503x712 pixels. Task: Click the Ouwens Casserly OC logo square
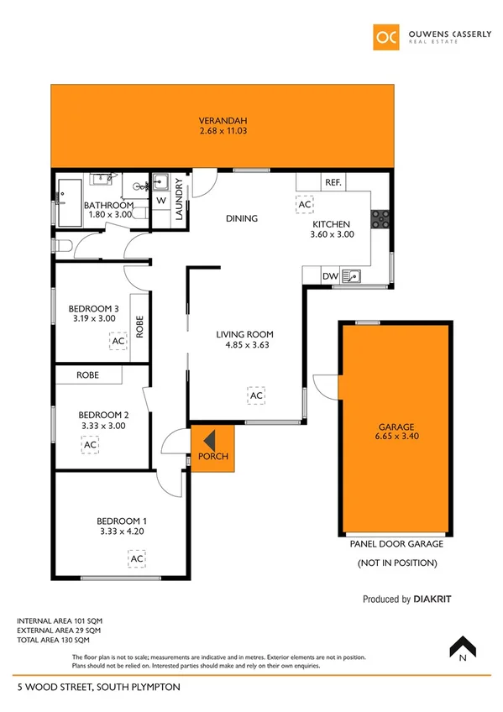click(x=388, y=37)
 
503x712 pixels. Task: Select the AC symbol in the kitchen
click(x=305, y=204)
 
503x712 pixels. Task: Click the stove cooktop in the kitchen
click(x=380, y=218)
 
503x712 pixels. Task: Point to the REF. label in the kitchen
click(x=332, y=182)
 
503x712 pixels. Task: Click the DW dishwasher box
click(x=330, y=275)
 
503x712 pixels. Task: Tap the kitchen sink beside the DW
click(x=357, y=274)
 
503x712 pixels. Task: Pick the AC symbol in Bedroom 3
click(x=118, y=341)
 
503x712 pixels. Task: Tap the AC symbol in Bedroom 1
click(x=136, y=558)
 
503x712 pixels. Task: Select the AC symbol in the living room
click(x=256, y=395)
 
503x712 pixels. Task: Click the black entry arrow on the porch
click(x=207, y=439)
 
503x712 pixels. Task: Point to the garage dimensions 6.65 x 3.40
click(x=396, y=436)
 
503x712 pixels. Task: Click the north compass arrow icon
click(x=464, y=648)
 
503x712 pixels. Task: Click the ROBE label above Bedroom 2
click(x=88, y=375)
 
